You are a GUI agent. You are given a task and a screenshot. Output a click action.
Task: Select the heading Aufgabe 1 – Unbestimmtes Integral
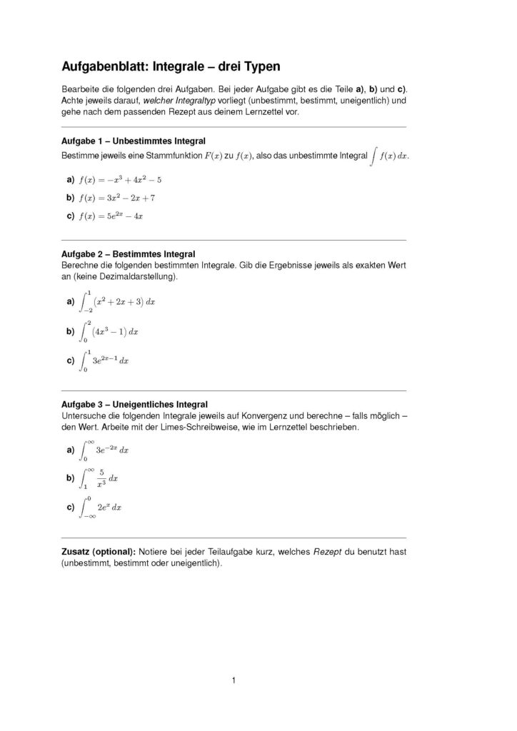[134, 141]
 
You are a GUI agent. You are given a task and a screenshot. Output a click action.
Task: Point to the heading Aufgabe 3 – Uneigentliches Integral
[135, 404]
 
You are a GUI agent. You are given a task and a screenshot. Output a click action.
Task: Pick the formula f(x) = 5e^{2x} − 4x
[111, 216]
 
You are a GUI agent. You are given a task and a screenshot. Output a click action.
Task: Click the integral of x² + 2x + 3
[116, 302]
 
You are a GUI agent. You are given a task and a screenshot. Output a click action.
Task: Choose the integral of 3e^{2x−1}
[105, 361]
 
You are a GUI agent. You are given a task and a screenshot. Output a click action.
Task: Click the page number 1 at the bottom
[234, 680]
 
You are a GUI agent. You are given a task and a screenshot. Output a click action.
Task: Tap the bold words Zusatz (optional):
[99, 552]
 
